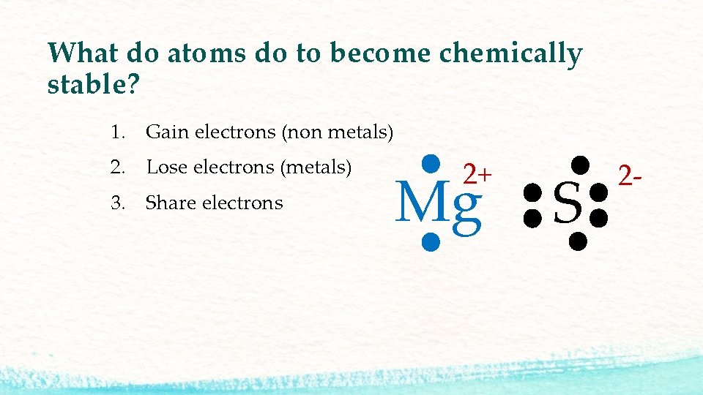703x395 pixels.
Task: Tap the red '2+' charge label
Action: click(x=477, y=174)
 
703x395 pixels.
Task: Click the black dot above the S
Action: click(x=581, y=163)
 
